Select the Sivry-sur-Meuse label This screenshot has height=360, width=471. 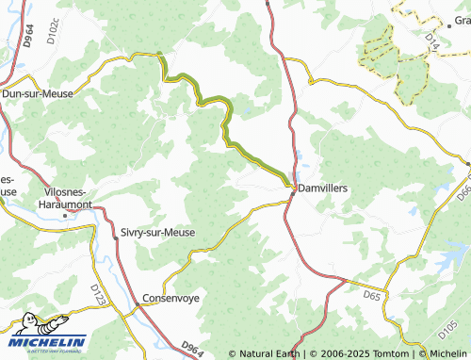click(x=158, y=232)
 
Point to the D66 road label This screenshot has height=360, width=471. click(x=463, y=188)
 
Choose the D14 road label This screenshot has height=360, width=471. click(x=432, y=41)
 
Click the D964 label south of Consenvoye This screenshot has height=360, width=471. click(x=194, y=349)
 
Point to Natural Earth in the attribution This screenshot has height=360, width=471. click(x=263, y=353)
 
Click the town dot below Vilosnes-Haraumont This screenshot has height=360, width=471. click(x=66, y=215)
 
